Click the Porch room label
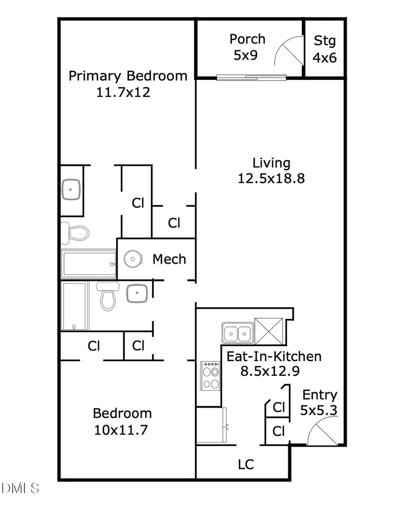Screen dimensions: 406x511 (247, 39)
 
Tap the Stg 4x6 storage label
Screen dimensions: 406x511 (325, 49)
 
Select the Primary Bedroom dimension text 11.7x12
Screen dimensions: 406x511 (123, 92)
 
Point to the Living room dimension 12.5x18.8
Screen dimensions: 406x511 (271, 179)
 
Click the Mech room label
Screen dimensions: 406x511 (169, 259)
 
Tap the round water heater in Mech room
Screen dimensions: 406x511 (133, 259)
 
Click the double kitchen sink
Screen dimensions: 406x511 (237, 333)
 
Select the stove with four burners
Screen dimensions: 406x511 (210, 375)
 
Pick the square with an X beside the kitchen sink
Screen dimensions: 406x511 (268, 331)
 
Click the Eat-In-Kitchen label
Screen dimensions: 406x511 (274, 356)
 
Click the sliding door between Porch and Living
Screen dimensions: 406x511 (251, 77)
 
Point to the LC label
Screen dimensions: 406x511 (246, 465)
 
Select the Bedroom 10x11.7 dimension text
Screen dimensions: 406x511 (121, 430)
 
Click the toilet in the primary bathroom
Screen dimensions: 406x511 (76, 233)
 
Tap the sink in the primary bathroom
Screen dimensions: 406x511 (71, 189)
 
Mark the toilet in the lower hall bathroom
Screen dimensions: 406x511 (108, 296)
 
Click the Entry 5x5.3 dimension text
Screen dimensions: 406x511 (319, 410)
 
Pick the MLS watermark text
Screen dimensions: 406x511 (20, 488)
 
